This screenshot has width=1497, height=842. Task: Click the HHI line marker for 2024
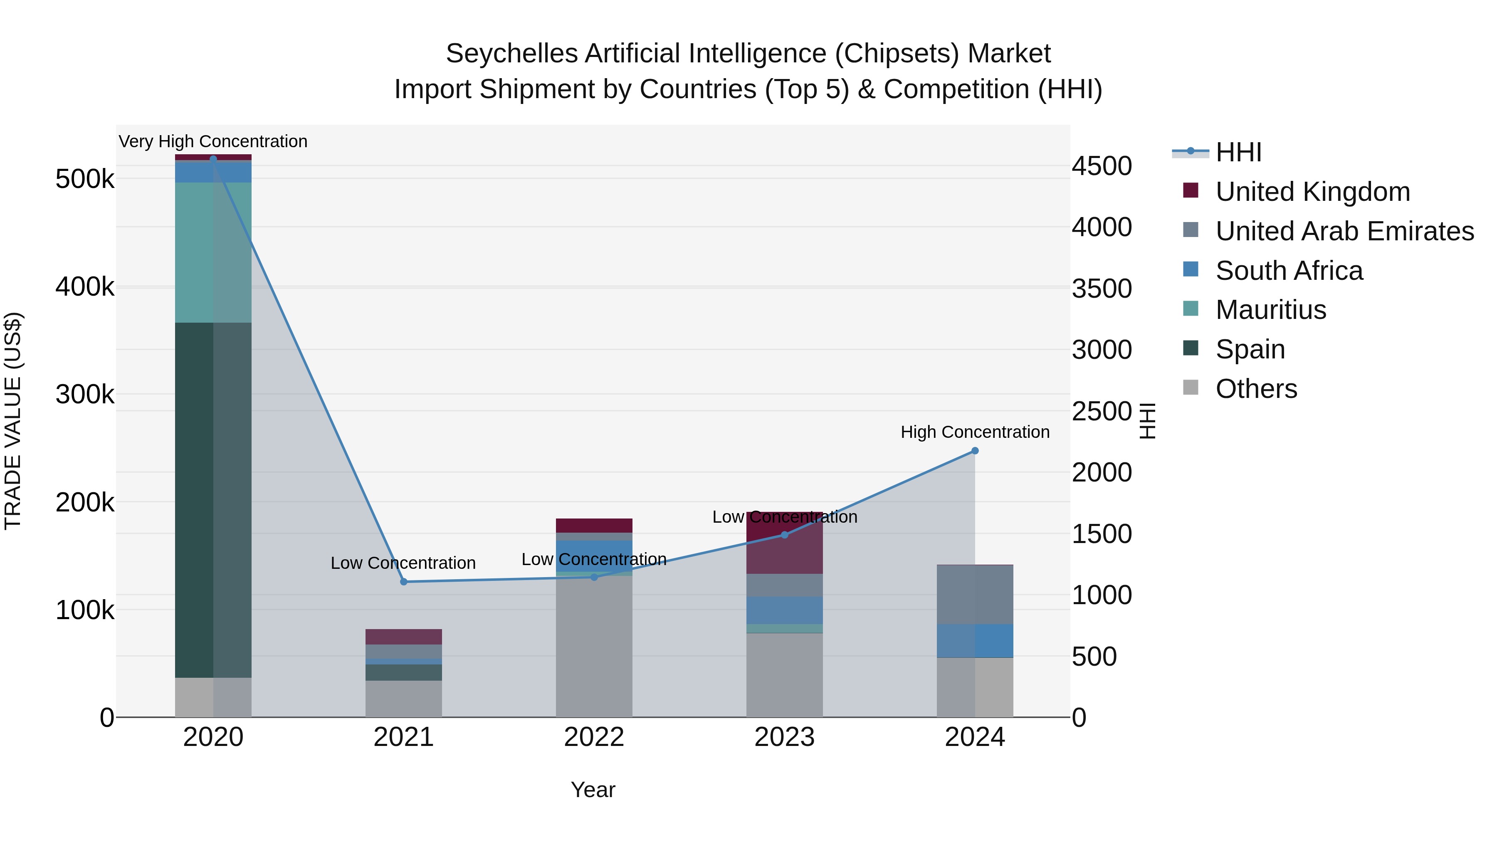tap(975, 451)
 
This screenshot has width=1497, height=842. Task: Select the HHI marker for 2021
tap(404, 582)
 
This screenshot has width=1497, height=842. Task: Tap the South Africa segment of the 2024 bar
tap(975, 640)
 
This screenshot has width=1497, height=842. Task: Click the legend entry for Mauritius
tap(1270, 310)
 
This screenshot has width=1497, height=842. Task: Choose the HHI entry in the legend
tap(1238, 152)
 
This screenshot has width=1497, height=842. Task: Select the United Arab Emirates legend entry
tap(1344, 231)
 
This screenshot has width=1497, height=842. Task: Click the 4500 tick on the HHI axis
tap(1101, 166)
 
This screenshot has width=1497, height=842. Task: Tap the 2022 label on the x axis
tap(594, 737)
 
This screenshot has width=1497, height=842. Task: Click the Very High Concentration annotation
tap(212, 142)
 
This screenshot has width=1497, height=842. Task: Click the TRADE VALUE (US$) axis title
tap(13, 421)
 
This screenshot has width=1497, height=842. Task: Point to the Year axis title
tap(593, 790)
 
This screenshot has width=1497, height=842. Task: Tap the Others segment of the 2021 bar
tap(403, 699)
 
